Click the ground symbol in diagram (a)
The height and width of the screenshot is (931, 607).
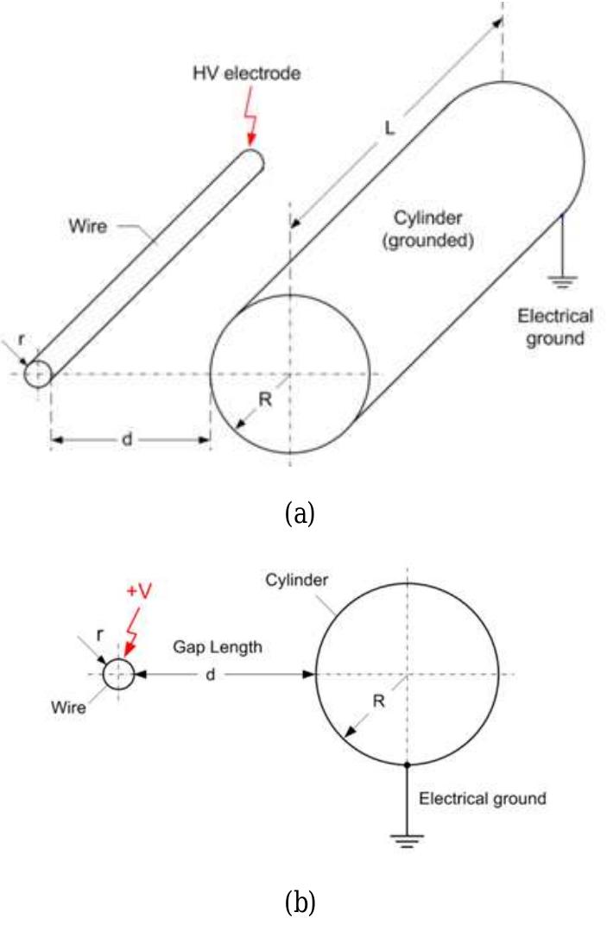pos(562,280)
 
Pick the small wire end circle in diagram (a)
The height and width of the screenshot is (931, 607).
pos(38,374)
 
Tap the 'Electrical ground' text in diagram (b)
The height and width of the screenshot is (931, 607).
pos(483,798)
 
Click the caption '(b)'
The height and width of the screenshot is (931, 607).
pos(300,903)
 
